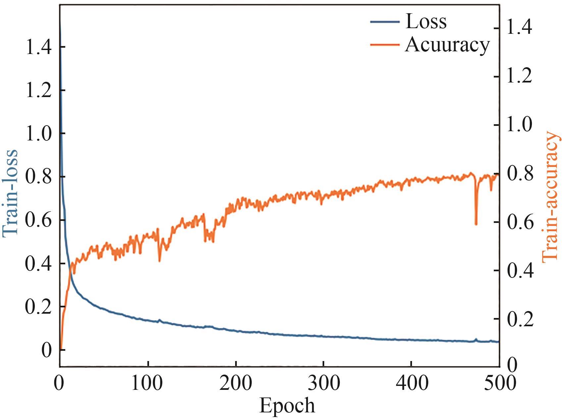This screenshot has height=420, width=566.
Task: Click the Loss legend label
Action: (x=426, y=22)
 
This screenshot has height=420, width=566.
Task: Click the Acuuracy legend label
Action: (x=447, y=44)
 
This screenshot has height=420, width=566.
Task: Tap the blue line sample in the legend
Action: (x=385, y=22)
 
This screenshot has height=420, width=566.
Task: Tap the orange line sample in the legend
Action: (x=385, y=45)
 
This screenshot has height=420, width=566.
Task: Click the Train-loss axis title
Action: (x=10, y=193)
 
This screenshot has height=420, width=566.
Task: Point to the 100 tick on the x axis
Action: (x=147, y=383)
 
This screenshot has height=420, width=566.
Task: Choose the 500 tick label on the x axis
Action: (x=499, y=383)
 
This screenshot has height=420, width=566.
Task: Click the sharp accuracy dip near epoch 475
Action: (x=476, y=224)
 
